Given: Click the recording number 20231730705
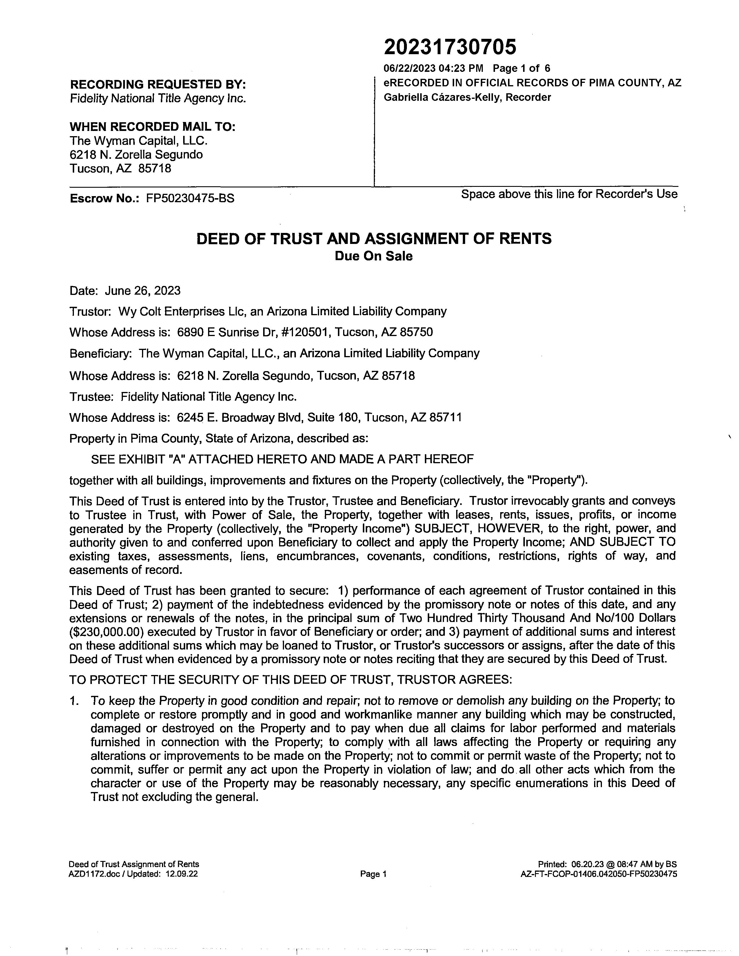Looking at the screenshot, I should [450, 47].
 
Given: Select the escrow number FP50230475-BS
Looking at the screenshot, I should [190, 198].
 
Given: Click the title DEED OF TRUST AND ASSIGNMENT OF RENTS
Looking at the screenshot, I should [374, 238].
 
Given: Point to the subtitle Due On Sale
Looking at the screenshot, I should [374, 256].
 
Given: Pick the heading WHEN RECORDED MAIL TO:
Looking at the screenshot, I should [153, 127].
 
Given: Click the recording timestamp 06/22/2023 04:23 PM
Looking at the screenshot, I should [434, 68].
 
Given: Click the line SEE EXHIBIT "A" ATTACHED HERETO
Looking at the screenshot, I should [282, 459].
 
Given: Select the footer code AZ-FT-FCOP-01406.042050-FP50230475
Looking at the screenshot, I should [598, 874].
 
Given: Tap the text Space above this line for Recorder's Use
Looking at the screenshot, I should [569, 194].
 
